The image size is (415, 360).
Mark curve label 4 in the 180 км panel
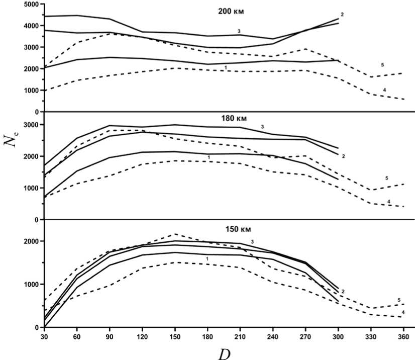click(x=388, y=202)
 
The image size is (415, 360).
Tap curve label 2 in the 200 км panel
click(x=342, y=14)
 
